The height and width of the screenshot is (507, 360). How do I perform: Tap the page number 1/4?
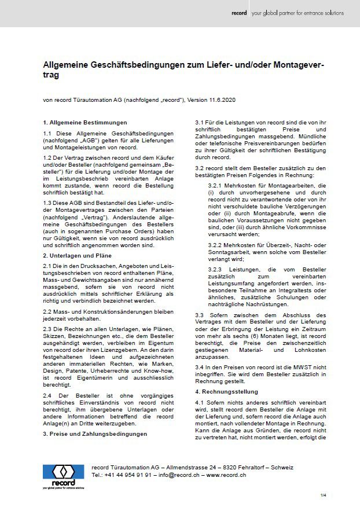(x=324, y=495)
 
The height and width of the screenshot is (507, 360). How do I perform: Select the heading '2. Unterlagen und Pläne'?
(x=77, y=255)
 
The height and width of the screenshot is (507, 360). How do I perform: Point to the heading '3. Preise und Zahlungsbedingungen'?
(x=94, y=433)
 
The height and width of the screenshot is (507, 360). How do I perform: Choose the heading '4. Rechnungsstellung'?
(x=225, y=392)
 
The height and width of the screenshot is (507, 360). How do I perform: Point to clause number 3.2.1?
(x=216, y=185)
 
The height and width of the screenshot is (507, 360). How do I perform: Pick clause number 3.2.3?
(x=216, y=270)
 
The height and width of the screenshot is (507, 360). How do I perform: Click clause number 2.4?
(x=48, y=395)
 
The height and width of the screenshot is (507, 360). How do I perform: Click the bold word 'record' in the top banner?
(x=238, y=13)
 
